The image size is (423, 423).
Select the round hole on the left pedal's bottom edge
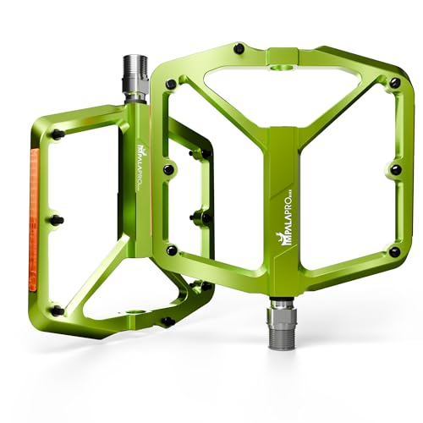(133, 310)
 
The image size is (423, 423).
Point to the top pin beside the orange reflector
(58, 135)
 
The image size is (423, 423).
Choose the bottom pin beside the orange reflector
(58, 310)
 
